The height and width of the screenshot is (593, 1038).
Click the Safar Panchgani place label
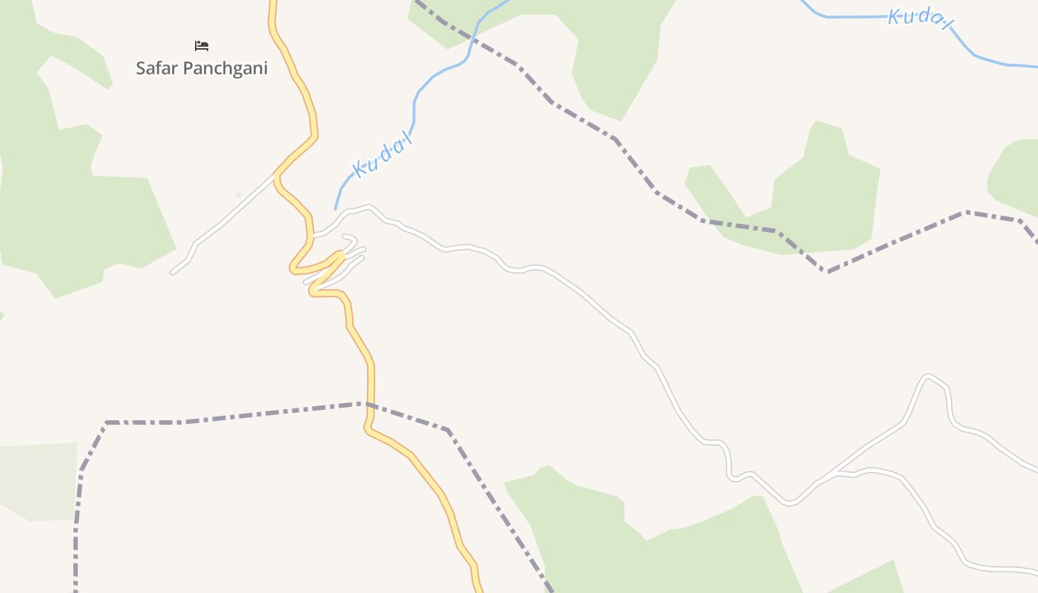coord(201,68)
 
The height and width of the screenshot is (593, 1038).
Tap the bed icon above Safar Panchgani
coord(201,46)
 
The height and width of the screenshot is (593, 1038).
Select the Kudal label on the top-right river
coord(919,19)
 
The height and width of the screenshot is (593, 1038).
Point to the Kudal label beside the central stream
coord(383,157)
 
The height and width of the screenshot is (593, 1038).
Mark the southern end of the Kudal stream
coord(335,209)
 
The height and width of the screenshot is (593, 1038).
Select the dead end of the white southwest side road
coord(172,273)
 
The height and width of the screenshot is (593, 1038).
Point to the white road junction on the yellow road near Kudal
coord(276,175)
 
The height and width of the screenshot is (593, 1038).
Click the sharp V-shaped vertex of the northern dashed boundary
coord(828,271)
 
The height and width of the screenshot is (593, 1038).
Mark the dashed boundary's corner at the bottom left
coord(107,423)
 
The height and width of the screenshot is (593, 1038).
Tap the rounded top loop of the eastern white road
coord(928,377)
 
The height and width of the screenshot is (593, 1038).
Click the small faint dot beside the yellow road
coord(238,195)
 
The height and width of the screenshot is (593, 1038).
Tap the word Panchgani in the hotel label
coord(225,68)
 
